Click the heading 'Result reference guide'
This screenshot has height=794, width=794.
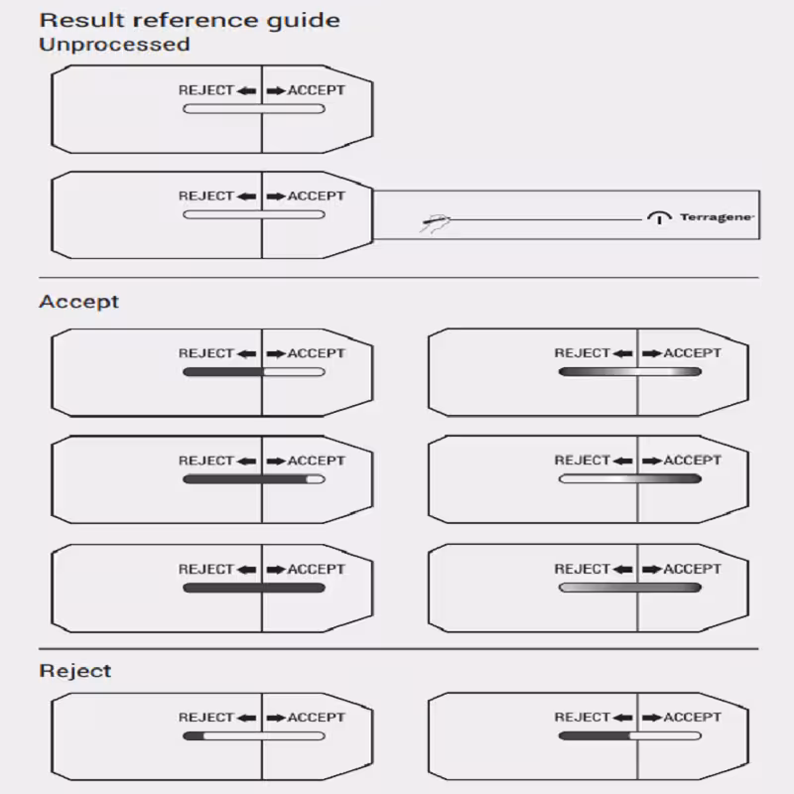pos(190,21)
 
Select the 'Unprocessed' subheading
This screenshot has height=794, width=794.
pos(114,45)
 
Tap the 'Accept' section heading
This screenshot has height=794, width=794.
pos(79,302)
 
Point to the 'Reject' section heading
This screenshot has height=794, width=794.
pos(75,671)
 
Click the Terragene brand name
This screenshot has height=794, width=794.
pos(717,217)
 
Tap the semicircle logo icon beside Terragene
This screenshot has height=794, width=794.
pos(659,217)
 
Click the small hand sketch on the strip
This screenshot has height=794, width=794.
pos(435,222)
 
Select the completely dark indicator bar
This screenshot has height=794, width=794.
pos(254,588)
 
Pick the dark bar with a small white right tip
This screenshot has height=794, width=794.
pos(254,479)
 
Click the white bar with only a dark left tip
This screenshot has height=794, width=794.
pos(254,735)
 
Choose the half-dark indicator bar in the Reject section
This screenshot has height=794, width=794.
pos(630,735)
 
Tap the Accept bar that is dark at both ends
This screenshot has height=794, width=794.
pos(630,371)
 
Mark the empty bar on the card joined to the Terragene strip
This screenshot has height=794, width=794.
pos(254,214)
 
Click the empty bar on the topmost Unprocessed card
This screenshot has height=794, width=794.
pos(254,109)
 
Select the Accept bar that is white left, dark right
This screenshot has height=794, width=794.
pos(630,479)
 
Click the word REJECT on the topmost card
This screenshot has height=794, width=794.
pos(206,90)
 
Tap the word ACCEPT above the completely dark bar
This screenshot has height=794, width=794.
pos(317,569)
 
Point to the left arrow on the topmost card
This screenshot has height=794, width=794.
pos(246,91)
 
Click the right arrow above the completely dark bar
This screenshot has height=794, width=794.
pos(277,570)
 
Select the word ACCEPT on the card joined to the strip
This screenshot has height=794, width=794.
pos(317,196)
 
